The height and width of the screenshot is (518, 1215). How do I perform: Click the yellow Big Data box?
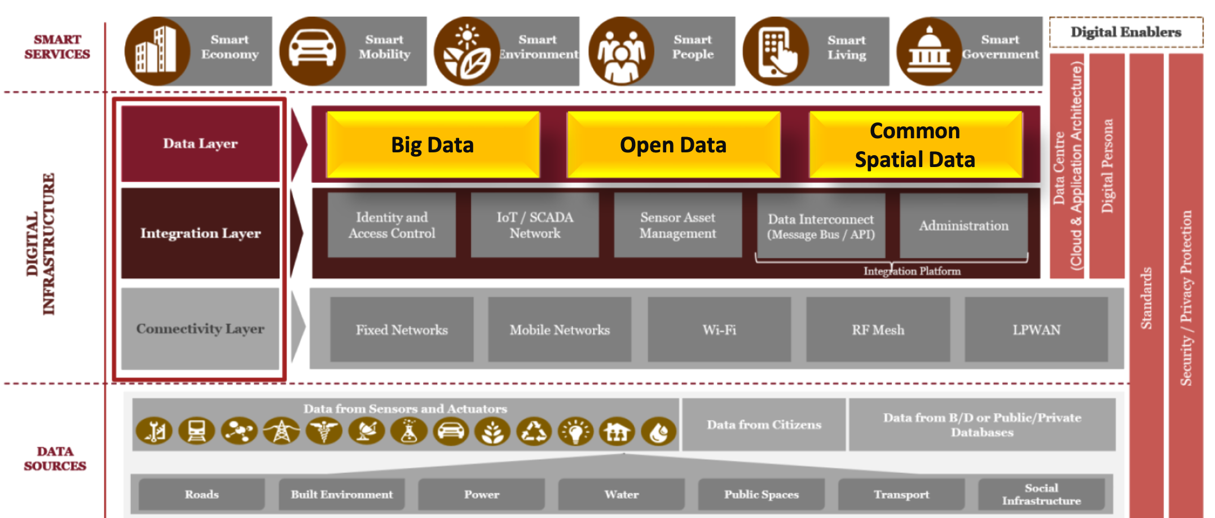tap(433, 145)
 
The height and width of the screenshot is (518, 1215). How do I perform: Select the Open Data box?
tap(673, 145)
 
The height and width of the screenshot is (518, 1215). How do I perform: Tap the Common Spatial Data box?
tap(915, 145)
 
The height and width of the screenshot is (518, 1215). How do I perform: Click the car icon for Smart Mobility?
tap(312, 51)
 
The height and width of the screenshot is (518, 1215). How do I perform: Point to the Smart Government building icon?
tap(929, 51)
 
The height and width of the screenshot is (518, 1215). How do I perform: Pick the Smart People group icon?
tap(621, 51)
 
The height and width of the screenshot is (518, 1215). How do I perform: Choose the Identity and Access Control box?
tap(391, 225)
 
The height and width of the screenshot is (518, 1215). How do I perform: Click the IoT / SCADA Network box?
tap(535, 225)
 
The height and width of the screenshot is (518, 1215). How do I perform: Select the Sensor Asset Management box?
tap(677, 225)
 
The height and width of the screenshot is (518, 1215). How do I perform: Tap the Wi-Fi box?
tap(719, 330)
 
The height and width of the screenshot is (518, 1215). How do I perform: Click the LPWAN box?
tap(1036, 330)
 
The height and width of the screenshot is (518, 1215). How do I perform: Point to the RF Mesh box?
tap(878, 330)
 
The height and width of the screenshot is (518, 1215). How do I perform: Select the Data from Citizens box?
tap(764, 424)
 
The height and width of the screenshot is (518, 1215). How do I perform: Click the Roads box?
tap(201, 494)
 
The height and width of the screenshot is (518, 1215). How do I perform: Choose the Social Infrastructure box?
tap(1041, 494)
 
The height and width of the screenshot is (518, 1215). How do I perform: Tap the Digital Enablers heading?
tap(1126, 32)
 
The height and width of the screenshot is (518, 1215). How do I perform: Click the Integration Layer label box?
tap(200, 233)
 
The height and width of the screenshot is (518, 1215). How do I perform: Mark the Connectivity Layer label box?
tap(200, 328)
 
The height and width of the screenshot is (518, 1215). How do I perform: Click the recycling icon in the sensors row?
tap(534, 432)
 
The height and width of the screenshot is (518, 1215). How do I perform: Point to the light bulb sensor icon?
tap(575, 432)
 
